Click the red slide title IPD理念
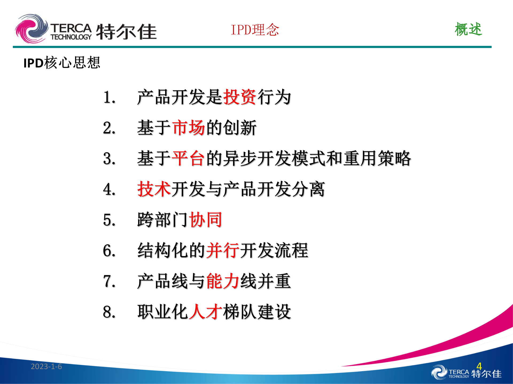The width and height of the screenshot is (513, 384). (255, 30)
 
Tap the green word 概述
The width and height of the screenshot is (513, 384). (468, 29)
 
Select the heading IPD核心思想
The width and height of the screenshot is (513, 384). (62, 63)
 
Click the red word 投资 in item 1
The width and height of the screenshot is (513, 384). (240, 97)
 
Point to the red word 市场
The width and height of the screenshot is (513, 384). (188, 128)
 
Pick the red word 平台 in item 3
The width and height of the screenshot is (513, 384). (188, 158)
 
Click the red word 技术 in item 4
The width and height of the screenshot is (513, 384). (154, 189)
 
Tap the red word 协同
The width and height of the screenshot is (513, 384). (205, 220)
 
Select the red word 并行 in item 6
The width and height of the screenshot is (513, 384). (223, 250)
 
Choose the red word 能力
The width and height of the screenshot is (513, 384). (223, 281)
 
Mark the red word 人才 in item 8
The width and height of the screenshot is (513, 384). (205, 312)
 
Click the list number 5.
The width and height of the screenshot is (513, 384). (109, 220)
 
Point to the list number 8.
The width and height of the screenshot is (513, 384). (109, 312)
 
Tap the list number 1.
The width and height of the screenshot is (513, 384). (109, 97)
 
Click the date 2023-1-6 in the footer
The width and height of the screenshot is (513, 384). (46, 366)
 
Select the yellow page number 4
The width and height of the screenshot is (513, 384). (479, 366)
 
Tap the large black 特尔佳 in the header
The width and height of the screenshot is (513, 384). (126, 32)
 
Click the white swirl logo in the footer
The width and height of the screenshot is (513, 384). (439, 372)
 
